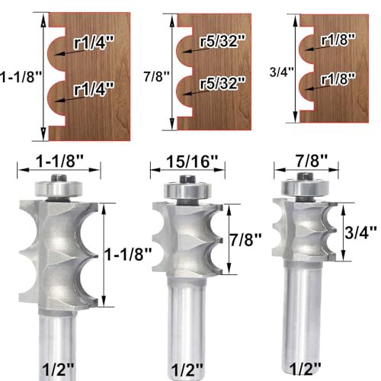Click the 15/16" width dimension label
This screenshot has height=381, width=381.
point(192,161)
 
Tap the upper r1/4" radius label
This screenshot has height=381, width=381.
point(94,42)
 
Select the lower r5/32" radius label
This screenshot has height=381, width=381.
point(223,82)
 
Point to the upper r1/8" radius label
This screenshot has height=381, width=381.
point(338,39)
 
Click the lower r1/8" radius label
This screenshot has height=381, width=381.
point(338,78)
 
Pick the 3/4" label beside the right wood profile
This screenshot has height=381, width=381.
point(281,72)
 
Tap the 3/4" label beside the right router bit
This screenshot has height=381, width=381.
point(360,232)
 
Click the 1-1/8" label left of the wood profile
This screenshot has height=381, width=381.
point(21,76)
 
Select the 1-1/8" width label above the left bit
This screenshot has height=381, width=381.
point(59,161)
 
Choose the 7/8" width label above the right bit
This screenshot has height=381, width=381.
point(312,161)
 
